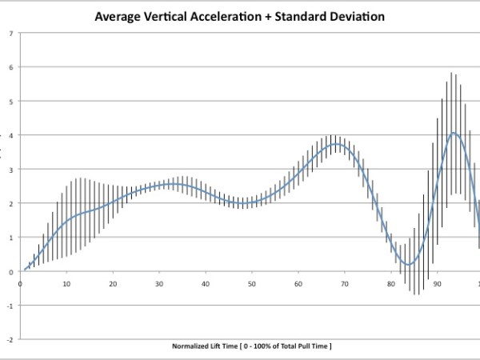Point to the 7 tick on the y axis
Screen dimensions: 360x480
tap(10, 34)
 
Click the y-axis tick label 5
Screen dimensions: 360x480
tap(10, 102)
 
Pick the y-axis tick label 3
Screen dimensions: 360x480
tap(10, 170)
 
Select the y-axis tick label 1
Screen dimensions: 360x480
tap(10, 238)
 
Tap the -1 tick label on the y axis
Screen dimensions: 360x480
tap(8, 306)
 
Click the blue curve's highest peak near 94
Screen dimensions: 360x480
tap(454, 133)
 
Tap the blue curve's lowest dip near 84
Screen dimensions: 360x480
tap(408, 264)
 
